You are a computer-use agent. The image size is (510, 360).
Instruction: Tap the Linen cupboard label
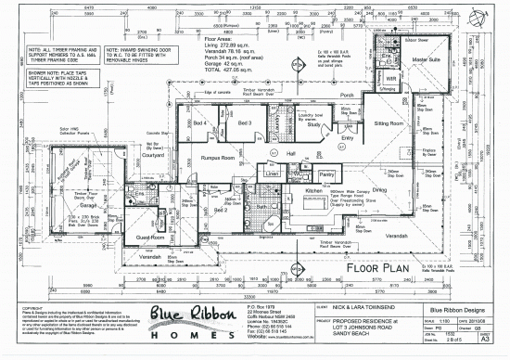pos(272,174)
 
